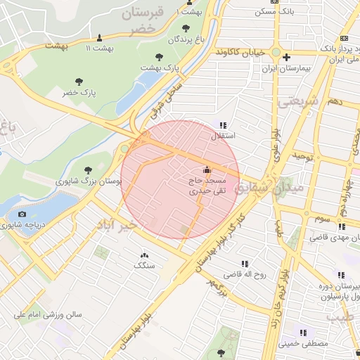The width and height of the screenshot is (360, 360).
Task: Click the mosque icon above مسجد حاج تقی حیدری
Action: click(207, 169)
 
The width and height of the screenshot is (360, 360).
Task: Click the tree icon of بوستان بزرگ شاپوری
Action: click(87, 169)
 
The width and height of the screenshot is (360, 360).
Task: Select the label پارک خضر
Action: click(79, 93)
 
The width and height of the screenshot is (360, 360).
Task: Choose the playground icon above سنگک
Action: click(144, 255)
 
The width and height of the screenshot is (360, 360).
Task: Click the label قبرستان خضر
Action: click(149, 20)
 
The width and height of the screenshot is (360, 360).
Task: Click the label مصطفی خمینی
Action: click(303, 345)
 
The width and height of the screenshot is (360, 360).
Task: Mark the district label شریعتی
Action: click(297, 101)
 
